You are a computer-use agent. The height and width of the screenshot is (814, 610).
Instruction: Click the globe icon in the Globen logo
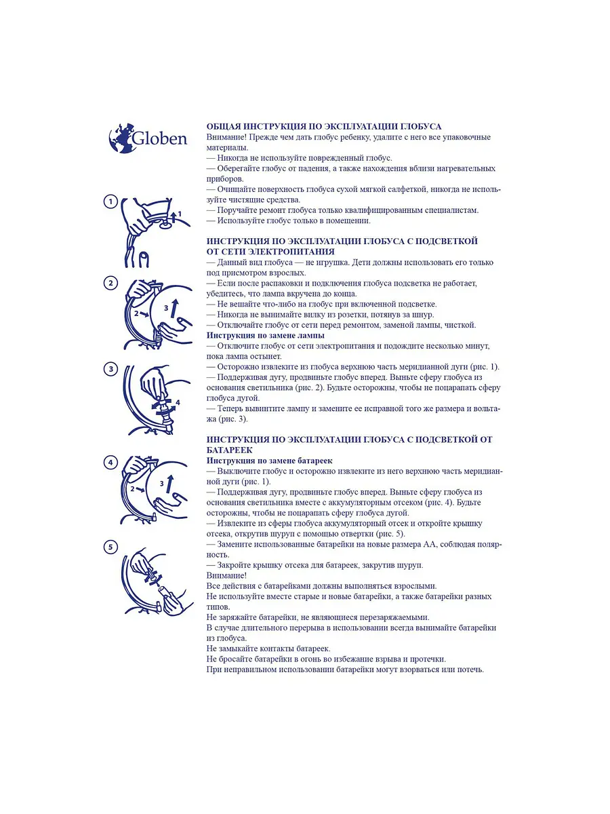[x=121, y=138]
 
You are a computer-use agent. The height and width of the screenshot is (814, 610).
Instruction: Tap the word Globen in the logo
[x=160, y=138]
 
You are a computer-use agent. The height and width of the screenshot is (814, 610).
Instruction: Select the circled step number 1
[x=110, y=202]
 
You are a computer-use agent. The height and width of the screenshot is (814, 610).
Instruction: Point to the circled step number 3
[x=110, y=370]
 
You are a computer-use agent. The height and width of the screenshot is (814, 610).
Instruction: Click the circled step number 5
[x=110, y=547]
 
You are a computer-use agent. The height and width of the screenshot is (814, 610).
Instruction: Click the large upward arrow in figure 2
[x=175, y=309]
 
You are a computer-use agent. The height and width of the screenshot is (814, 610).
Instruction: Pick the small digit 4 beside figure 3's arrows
[x=178, y=402]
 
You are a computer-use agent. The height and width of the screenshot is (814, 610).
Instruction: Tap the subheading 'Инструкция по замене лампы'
[x=266, y=336]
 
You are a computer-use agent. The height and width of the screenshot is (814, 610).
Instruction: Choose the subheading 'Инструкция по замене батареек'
[x=269, y=461]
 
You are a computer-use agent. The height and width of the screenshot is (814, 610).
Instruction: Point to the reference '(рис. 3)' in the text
[x=233, y=419]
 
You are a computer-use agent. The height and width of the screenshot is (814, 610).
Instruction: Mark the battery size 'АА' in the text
[x=430, y=545]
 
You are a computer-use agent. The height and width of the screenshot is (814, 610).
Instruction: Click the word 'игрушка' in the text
[x=331, y=263]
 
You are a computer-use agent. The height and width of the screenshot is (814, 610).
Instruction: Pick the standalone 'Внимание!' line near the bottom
[x=226, y=576]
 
